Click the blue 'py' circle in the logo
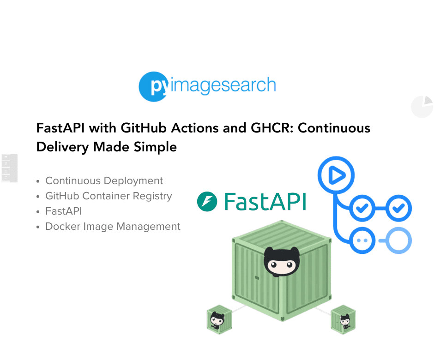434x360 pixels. point(154,87)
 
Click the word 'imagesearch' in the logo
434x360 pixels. point(223,85)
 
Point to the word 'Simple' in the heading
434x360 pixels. point(155,147)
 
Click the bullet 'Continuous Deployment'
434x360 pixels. point(104,180)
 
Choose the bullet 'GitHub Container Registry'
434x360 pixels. point(108,196)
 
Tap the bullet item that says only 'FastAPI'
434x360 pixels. point(64,211)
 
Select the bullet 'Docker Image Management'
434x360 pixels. point(113,226)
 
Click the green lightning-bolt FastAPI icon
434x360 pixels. point(207,201)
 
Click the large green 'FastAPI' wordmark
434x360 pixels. point(265,202)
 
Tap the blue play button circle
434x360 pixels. point(336,175)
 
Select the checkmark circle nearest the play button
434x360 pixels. point(362,208)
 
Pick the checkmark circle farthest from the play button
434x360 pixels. point(398,208)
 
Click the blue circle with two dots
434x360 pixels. point(362,240)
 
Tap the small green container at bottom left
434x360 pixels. point(219,319)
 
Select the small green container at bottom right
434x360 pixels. point(343,319)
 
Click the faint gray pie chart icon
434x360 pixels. point(422,107)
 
